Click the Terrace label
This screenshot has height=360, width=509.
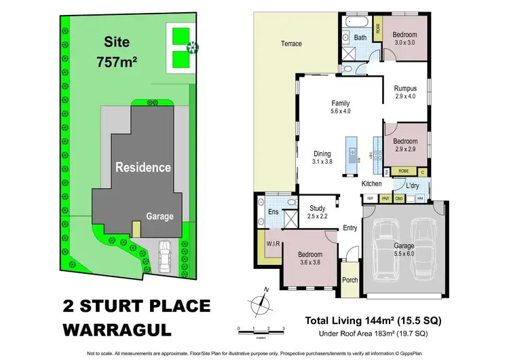point(291,44)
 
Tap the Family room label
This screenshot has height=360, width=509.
point(340,103)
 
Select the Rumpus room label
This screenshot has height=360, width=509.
point(405,88)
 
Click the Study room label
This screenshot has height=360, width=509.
point(318,209)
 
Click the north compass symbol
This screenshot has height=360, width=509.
point(261,301)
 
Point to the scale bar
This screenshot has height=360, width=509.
point(261,331)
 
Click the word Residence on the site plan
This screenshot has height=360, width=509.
point(143,167)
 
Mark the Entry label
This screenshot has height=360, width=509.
point(350,228)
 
